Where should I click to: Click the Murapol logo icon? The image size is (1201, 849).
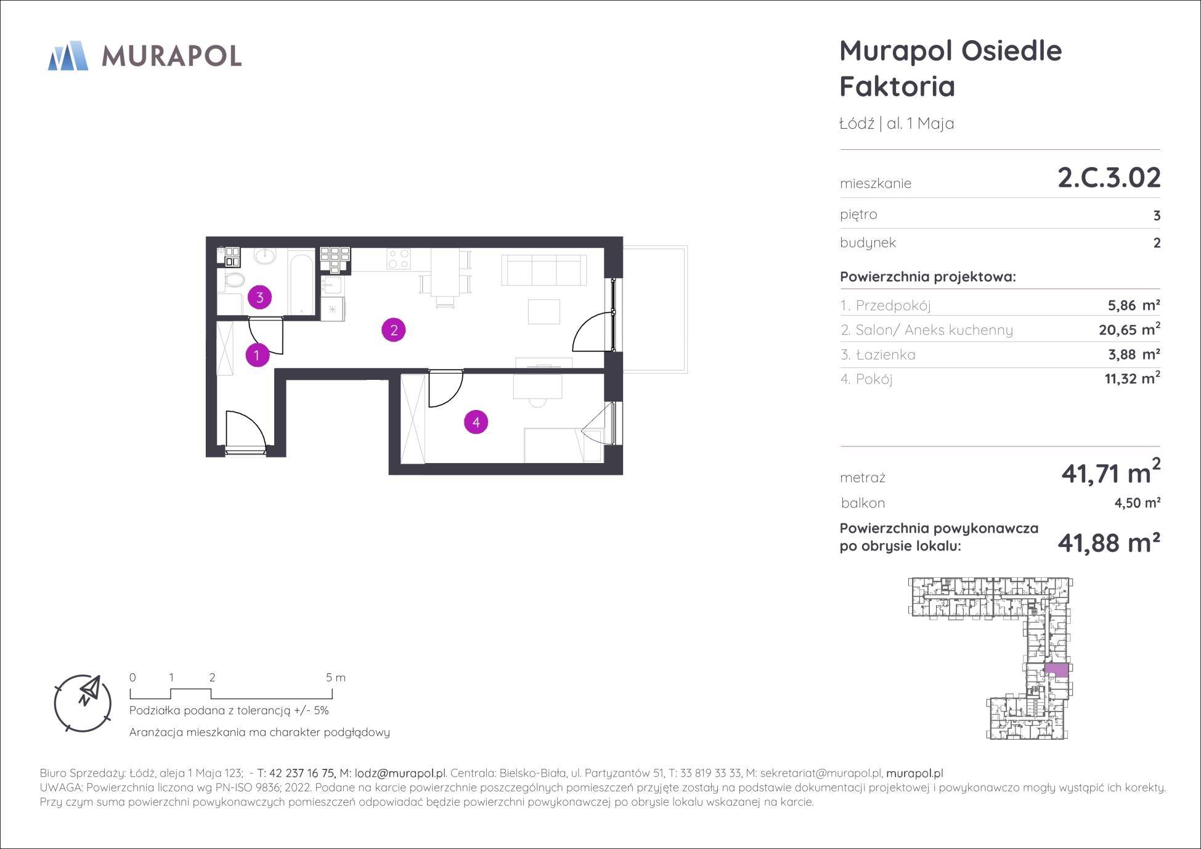[68, 55]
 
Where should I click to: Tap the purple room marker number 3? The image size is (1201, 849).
[259, 298]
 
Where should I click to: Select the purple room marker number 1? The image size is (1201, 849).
[257, 355]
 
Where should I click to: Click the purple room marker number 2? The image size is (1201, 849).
[394, 330]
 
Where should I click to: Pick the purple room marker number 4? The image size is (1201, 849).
[476, 422]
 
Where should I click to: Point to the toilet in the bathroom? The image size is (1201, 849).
[234, 282]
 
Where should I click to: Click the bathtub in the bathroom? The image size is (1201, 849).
[301, 282]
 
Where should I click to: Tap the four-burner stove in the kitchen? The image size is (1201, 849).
[398, 258]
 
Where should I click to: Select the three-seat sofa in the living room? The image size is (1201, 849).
[544, 269]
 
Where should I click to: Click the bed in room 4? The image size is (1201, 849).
[563, 445]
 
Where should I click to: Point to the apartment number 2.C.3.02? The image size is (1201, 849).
[1109, 178]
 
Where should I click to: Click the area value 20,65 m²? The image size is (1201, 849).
[1130, 329]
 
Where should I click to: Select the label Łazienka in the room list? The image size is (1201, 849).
[885, 355]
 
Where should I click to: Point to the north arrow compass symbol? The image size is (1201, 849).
[83, 703]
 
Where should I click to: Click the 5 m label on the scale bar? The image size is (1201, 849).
[336, 678]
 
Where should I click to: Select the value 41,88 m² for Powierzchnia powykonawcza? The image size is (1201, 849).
[1109, 543]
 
